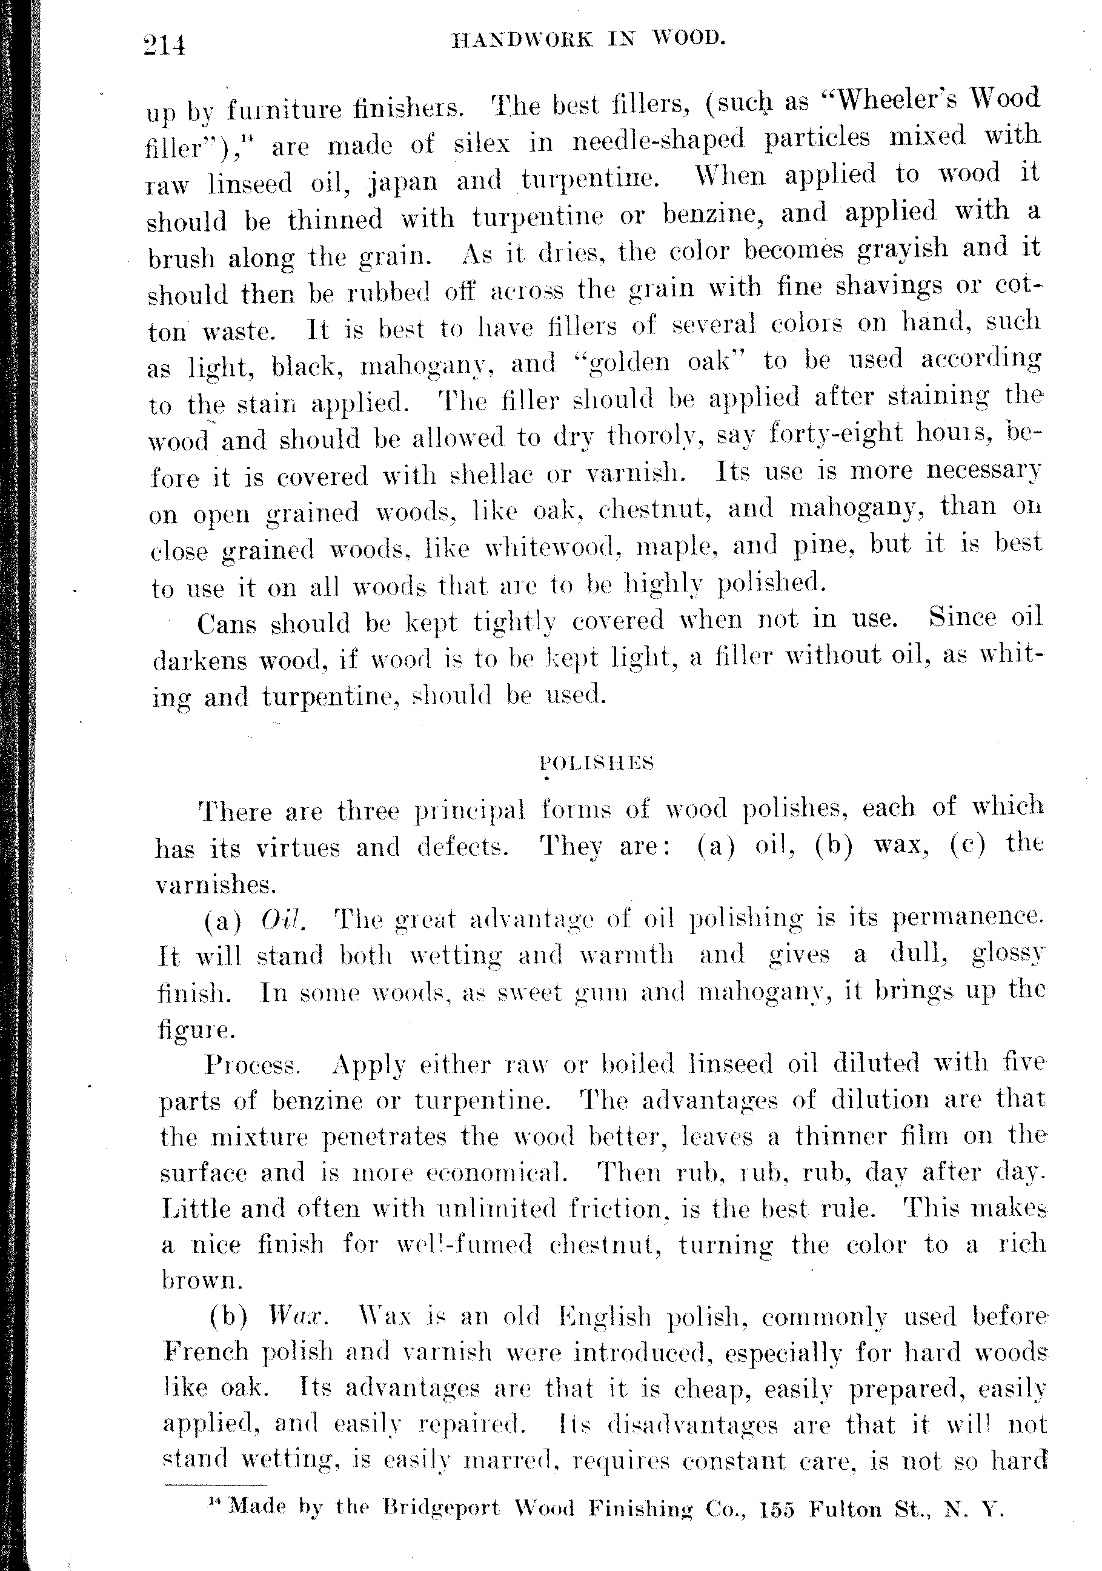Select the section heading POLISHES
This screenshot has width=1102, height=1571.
pyautogui.click(x=597, y=763)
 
